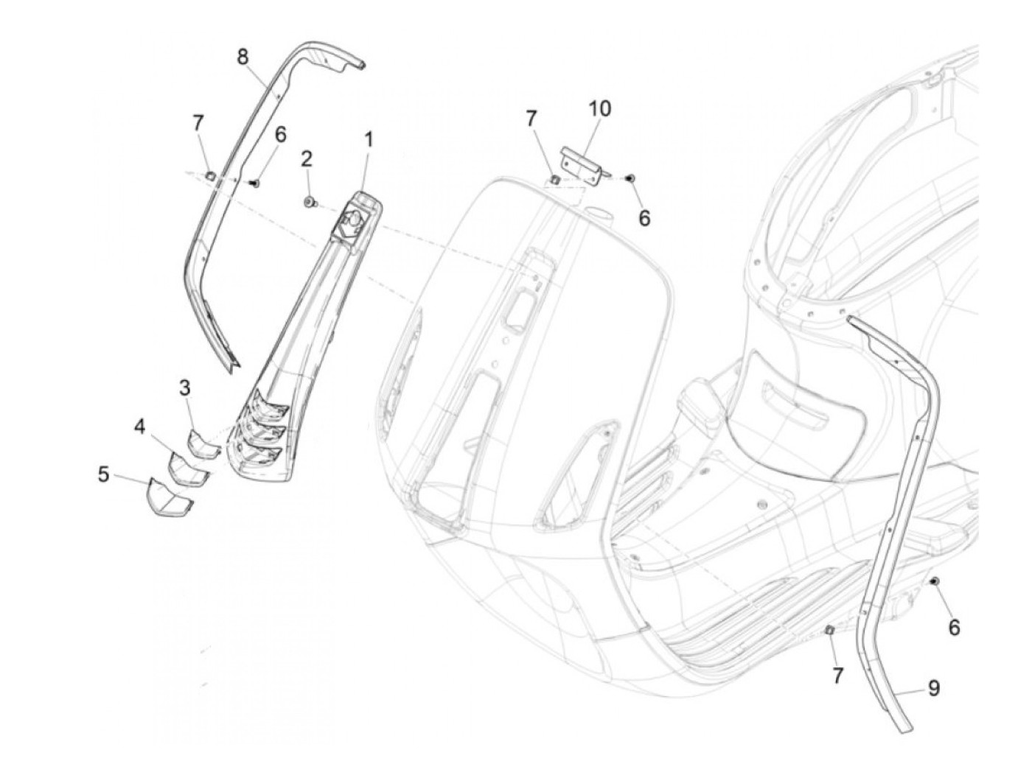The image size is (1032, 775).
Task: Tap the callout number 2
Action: click(307, 159)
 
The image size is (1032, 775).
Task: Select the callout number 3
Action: click(185, 388)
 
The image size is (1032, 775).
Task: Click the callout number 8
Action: click(243, 56)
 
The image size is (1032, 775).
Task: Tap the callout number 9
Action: click(933, 689)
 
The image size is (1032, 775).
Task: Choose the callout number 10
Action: click(599, 109)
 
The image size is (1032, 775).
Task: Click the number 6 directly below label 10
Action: click(644, 218)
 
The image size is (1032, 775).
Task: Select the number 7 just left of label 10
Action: click(531, 118)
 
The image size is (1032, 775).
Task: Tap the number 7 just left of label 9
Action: click(837, 675)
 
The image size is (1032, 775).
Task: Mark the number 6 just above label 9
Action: click(954, 627)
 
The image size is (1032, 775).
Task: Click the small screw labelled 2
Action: click(310, 201)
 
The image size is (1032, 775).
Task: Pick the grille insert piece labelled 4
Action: click(186, 469)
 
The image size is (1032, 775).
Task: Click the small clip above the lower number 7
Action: click(829, 630)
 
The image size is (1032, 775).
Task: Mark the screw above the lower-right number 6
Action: click(935, 582)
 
